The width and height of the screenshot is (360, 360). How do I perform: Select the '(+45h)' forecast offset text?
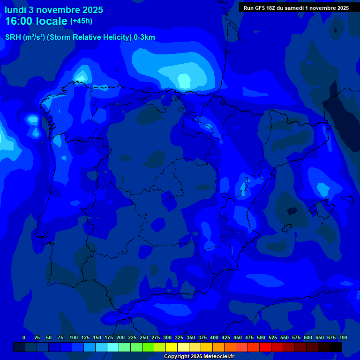82,21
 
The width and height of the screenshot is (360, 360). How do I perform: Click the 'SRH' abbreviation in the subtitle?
13,37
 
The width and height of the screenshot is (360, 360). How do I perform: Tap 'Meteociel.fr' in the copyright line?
217,357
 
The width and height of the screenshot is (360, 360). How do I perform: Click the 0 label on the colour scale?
24,337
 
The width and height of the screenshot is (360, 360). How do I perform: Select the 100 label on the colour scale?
74,337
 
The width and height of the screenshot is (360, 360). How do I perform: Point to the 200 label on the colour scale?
120,337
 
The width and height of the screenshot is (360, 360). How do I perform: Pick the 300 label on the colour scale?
167,337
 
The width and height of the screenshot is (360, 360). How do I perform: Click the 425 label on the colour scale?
226,337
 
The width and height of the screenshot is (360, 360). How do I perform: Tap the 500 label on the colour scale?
261,337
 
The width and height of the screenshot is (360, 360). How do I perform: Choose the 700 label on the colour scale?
343,337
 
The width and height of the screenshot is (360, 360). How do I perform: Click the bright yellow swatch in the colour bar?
172,347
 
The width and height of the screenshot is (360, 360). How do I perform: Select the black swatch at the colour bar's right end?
336,347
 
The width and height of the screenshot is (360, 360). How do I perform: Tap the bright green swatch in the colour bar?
148,347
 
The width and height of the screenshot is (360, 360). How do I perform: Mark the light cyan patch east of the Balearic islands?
322,189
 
